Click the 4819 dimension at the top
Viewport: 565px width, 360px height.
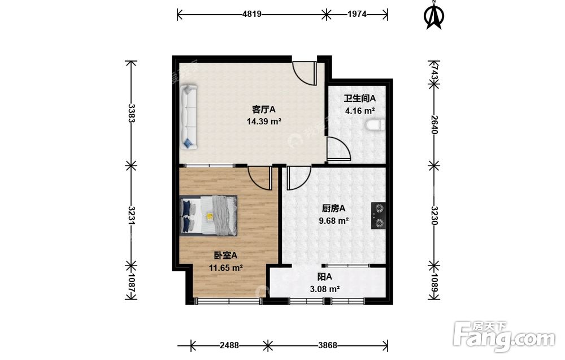[252, 15]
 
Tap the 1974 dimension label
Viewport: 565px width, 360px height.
[357, 15]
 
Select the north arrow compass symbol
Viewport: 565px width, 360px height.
[434, 15]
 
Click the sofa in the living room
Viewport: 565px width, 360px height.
[189, 117]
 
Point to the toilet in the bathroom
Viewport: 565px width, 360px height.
[376, 125]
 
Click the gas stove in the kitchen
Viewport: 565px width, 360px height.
[379, 215]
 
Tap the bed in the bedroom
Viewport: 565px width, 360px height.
[208, 215]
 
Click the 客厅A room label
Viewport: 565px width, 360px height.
[263, 109]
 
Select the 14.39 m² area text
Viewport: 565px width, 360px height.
[264, 122]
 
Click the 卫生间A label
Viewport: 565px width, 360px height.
[359, 98]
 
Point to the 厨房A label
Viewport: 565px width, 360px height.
[334, 209]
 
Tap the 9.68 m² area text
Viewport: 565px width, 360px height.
[334, 220]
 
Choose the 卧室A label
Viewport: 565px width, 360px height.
[225, 255]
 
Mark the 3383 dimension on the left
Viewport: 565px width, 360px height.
[132, 113]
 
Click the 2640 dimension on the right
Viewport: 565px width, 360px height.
[434, 125]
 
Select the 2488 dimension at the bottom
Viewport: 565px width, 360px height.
[229, 345]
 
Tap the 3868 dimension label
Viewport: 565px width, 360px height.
[328, 345]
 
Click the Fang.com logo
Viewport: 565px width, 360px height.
[505, 337]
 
